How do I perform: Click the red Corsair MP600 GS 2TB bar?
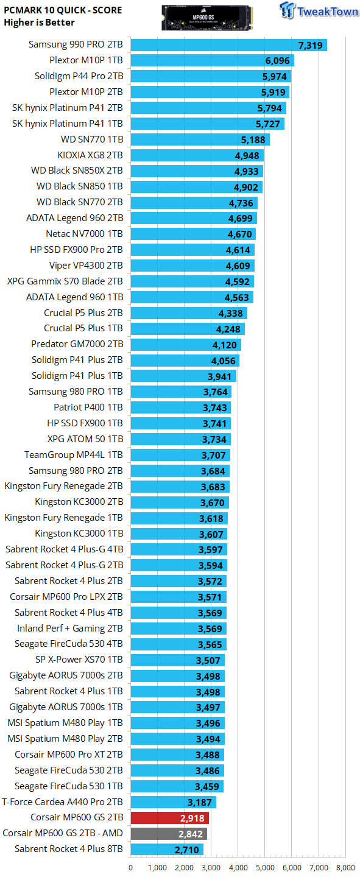coord(169,817)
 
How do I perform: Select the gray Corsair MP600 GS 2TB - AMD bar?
coord(169,834)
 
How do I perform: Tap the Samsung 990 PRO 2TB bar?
coord(229,45)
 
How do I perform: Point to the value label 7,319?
coord(310,46)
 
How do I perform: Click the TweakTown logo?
coord(319,10)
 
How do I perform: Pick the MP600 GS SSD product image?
coord(207,18)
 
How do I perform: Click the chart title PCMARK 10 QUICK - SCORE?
coord(63,10)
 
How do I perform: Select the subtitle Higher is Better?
coord(39,23)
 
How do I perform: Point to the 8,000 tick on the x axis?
coord(345,868)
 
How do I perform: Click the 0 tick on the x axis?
coord(131,868)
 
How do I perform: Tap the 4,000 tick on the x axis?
coord(238,868)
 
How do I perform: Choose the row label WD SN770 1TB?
coord(92,139)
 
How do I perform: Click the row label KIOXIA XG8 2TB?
coord(90,155)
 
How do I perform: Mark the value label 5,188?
coord(253,140)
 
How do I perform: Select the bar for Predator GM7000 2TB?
coord(186,345)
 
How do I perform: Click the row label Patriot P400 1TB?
coord(88,407)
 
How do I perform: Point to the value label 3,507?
coord(208,660)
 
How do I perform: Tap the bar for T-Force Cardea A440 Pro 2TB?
coord(173,802)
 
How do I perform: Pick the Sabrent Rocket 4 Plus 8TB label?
coord(69,849)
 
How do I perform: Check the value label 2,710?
coord(187,850)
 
